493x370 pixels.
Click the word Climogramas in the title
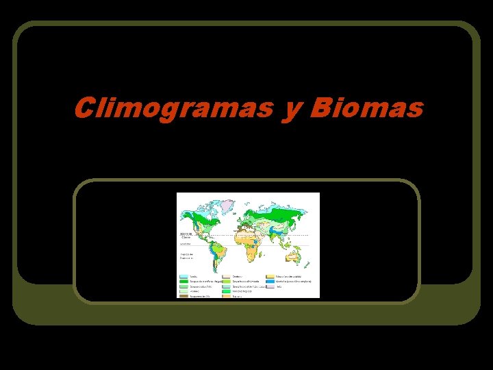point(173,108)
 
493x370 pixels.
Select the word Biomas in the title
point(366,108)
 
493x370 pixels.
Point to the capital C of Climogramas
point(84,108)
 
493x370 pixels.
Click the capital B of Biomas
point(320,108)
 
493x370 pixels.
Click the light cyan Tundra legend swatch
point(184,276)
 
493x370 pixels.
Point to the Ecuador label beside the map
point(184,244)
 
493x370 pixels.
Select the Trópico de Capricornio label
point(186,256)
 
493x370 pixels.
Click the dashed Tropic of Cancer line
point(274,236)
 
